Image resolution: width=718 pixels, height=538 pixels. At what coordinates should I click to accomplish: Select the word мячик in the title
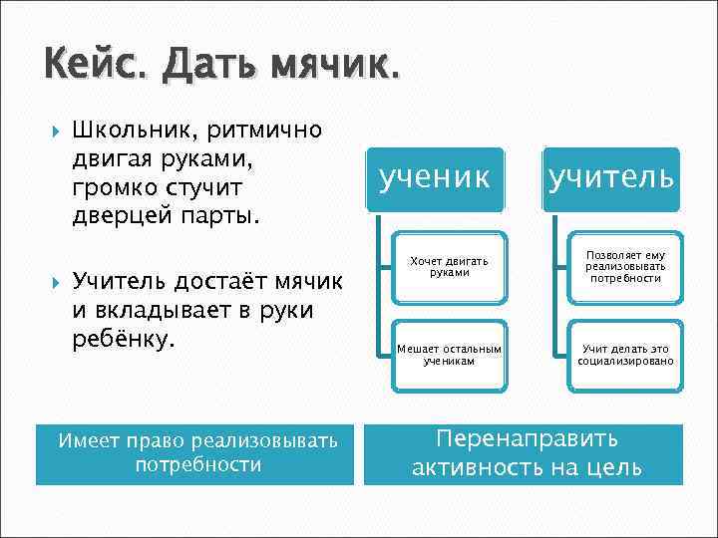tap(334, 69)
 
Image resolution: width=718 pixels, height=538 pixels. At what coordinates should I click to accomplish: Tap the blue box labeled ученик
tap(435, 179)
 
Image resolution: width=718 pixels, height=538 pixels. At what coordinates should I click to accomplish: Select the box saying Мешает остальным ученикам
tap(449, 354)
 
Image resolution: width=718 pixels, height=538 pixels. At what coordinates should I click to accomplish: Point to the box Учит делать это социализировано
tap(625, 354)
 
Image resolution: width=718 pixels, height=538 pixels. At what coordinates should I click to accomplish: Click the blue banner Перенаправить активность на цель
tap(524, 454)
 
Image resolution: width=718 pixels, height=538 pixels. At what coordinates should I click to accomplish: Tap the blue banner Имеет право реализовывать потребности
tap(195, 454)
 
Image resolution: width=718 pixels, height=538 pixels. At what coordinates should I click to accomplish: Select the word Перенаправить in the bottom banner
tap(528, 439)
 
